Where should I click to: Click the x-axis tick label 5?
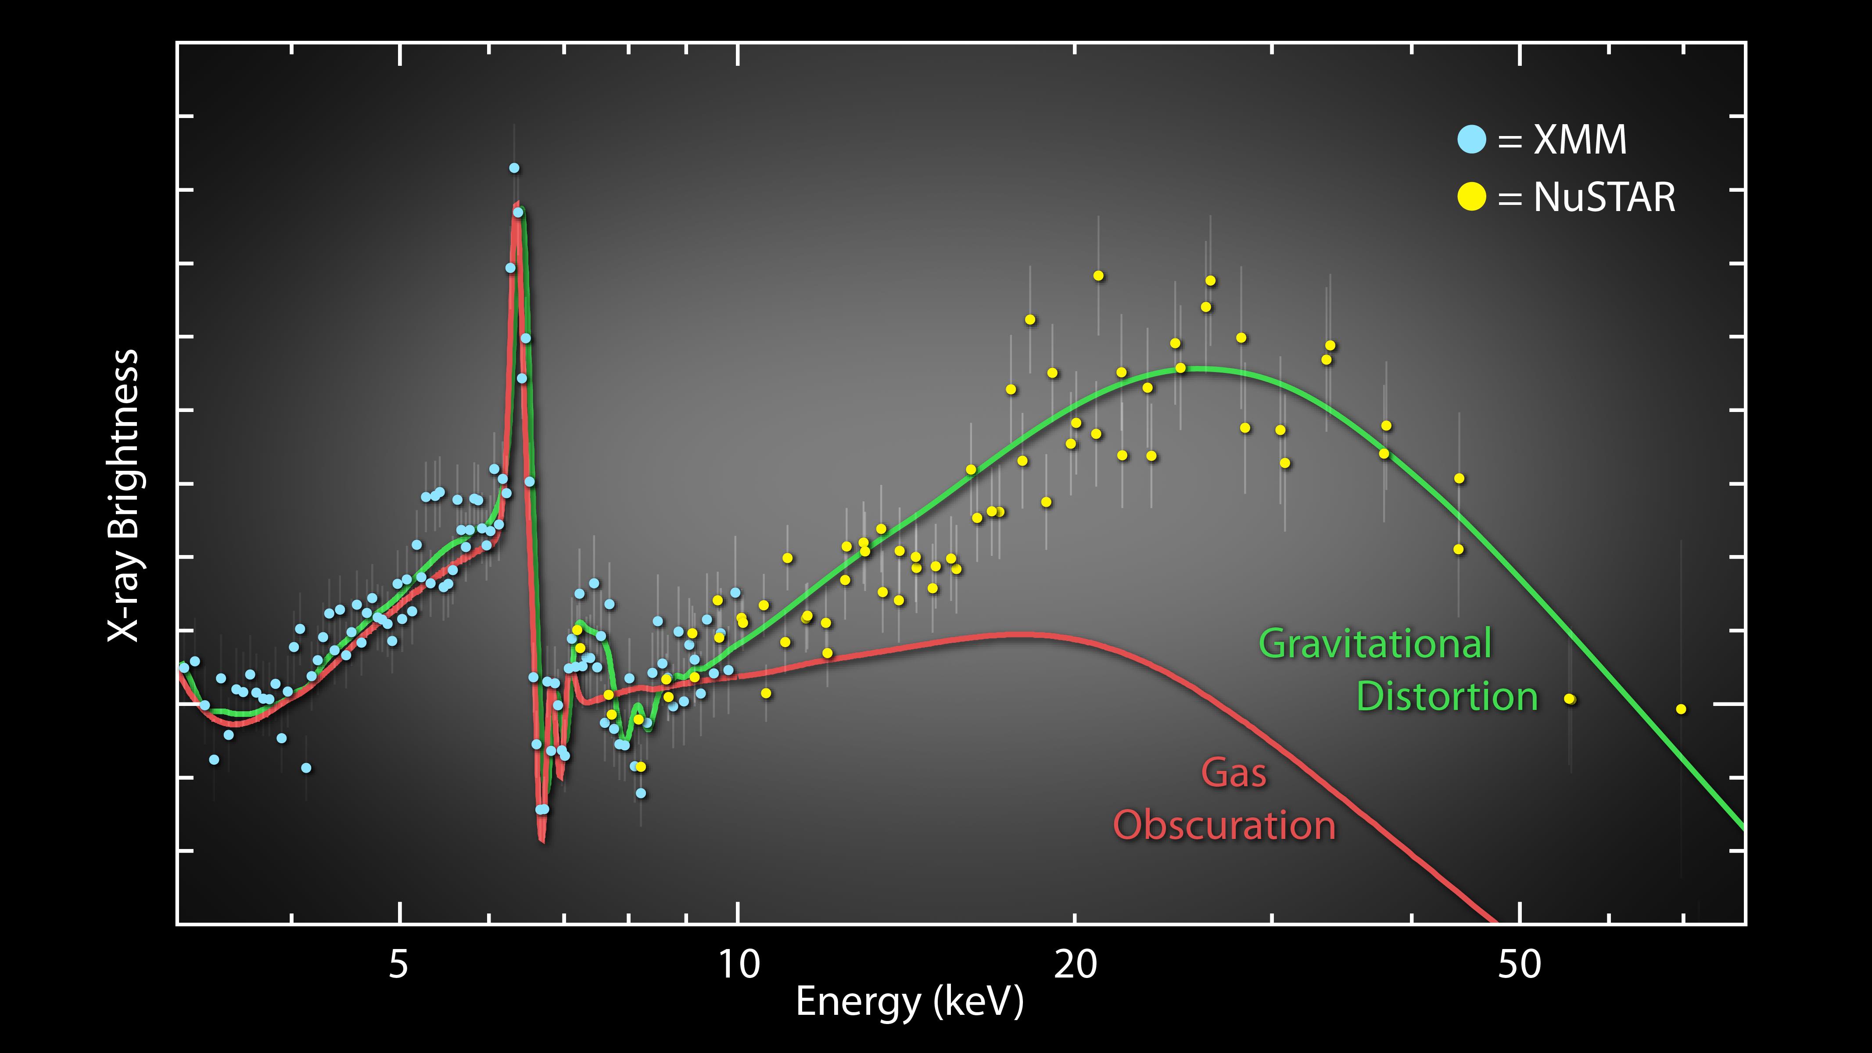398,964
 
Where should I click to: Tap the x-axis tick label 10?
739,964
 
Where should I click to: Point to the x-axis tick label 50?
1520,964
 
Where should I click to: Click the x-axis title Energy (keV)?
909,1002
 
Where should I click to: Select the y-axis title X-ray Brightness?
124,496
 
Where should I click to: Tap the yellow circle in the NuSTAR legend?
1472,197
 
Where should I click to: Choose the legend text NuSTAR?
1604,197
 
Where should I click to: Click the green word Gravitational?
1375,644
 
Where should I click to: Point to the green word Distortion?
1447,696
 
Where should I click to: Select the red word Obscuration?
1224,826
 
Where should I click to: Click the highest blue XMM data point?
514,168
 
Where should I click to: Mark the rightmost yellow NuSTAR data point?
1681,709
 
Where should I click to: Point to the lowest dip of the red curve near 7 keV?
542,841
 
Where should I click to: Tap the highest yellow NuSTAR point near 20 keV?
1098,276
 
